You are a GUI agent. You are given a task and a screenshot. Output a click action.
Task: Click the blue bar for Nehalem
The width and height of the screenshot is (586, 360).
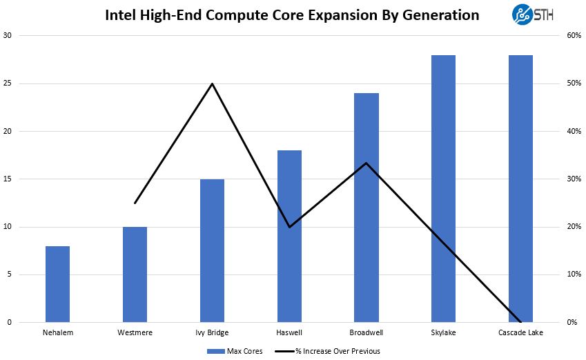[x=57, y=284]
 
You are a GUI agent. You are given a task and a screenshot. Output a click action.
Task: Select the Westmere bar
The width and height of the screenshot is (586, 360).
[x=135, y=274]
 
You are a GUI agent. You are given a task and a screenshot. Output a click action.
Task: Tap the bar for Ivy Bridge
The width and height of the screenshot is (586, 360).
[x=212, y=251]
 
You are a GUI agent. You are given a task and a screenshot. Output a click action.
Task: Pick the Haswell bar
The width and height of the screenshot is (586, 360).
[x=289, y=237]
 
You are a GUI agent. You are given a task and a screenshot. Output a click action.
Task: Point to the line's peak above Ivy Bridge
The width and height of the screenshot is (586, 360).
[x=212, y=83]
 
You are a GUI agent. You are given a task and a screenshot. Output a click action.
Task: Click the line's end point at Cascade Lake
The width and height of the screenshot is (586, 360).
[x=520, y=321]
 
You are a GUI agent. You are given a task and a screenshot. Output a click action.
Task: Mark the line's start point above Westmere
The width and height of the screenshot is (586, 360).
[x=135, y=203]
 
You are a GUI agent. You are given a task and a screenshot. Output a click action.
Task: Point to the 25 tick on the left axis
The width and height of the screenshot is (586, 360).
[x=8, y=83]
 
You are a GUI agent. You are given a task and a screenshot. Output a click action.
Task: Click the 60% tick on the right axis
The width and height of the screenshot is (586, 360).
[x=572, y=36]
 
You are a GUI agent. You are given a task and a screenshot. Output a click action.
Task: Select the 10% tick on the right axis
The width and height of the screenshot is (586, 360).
[x=572, y=274]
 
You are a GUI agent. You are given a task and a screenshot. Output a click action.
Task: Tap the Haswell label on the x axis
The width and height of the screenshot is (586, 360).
[x=289, y=333]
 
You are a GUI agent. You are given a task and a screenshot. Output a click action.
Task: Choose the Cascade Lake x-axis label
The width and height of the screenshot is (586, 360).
[x=520, y=333]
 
